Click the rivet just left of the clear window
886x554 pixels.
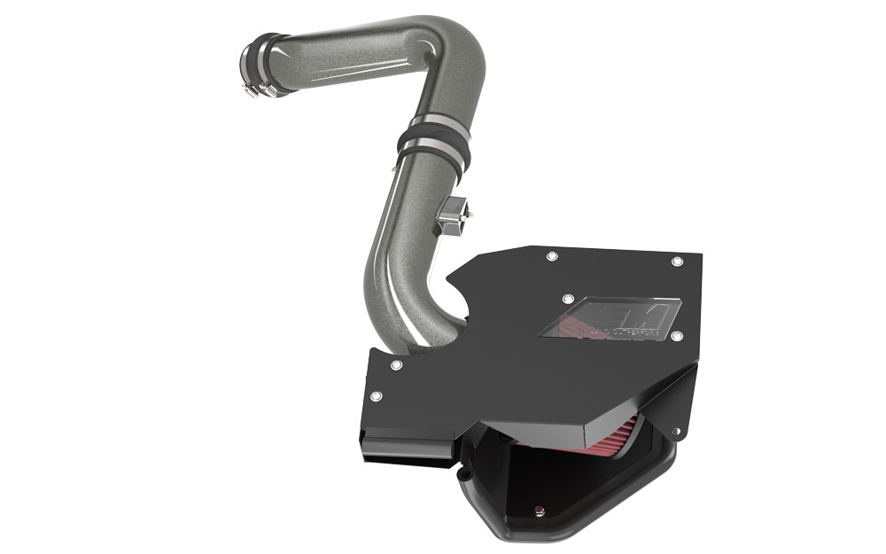[568, 300]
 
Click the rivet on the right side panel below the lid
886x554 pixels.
[675, 431]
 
